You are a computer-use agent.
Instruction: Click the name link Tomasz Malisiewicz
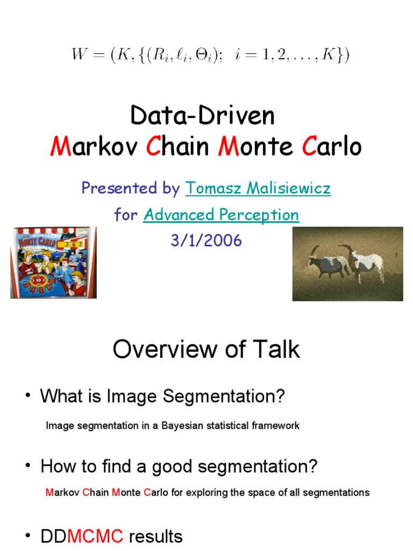tap(258, 188)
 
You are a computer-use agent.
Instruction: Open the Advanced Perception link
tap(221, 215)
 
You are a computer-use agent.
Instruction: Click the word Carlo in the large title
tap(332, 146)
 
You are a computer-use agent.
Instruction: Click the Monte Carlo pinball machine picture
tap(53, 262)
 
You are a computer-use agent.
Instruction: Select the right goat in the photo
tap(366, 263)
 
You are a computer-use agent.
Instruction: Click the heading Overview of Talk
tap(206, 349)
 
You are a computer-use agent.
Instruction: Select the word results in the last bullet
tap(155, 536)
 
